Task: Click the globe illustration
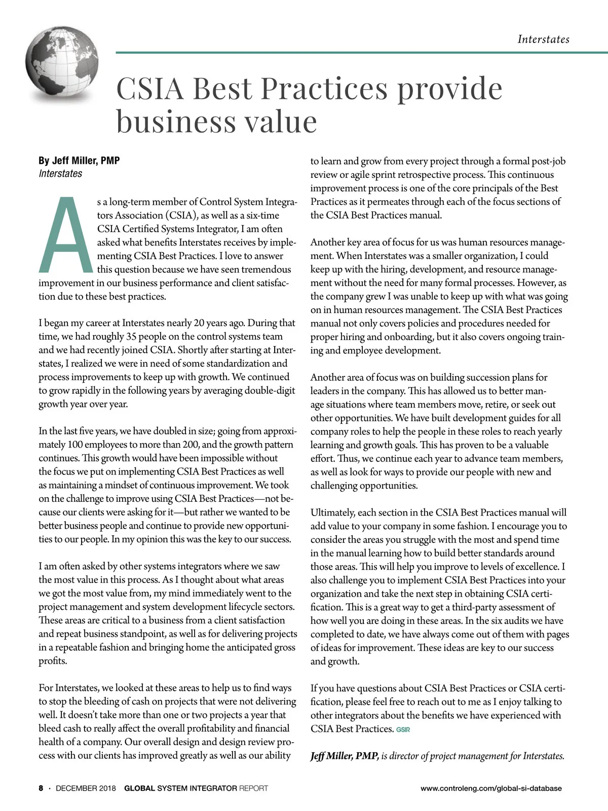click(61, 64)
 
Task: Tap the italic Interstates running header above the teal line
click(543, 39)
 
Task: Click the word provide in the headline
click(449, 88)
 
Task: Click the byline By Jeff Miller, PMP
click(79, 161)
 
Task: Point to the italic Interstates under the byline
click(60, 173)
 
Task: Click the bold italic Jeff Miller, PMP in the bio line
click(345, 756)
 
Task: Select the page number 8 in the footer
click(41, 788)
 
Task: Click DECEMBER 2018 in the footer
click(86, 788)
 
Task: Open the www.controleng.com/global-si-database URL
click(491, 788)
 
